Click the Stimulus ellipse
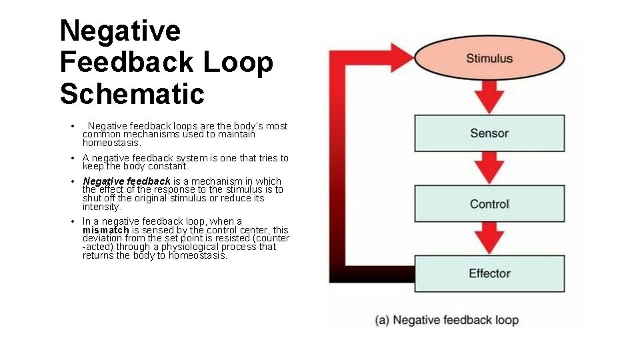pos(489,58)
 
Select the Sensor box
pos(489,133)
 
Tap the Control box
pos(489,204)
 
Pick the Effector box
pos(489,273)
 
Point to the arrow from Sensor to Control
pos(490,169)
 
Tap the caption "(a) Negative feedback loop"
pos(447,320)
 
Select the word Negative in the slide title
pos(120,31)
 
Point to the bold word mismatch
pos(105,230)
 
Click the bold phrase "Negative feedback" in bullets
pos(127,181)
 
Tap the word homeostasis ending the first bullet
pos(111,143)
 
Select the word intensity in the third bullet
pos(102,207)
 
